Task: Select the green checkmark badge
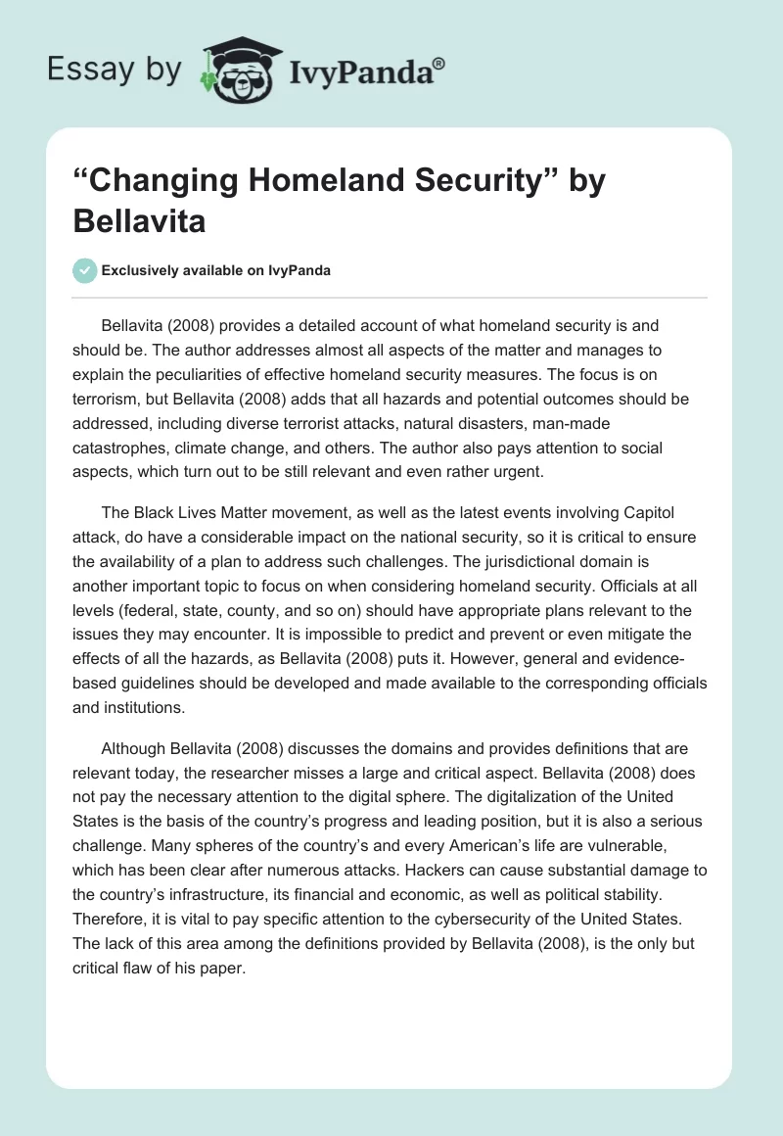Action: (x=84, y=270)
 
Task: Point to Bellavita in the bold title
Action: (x=139, y=220)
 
